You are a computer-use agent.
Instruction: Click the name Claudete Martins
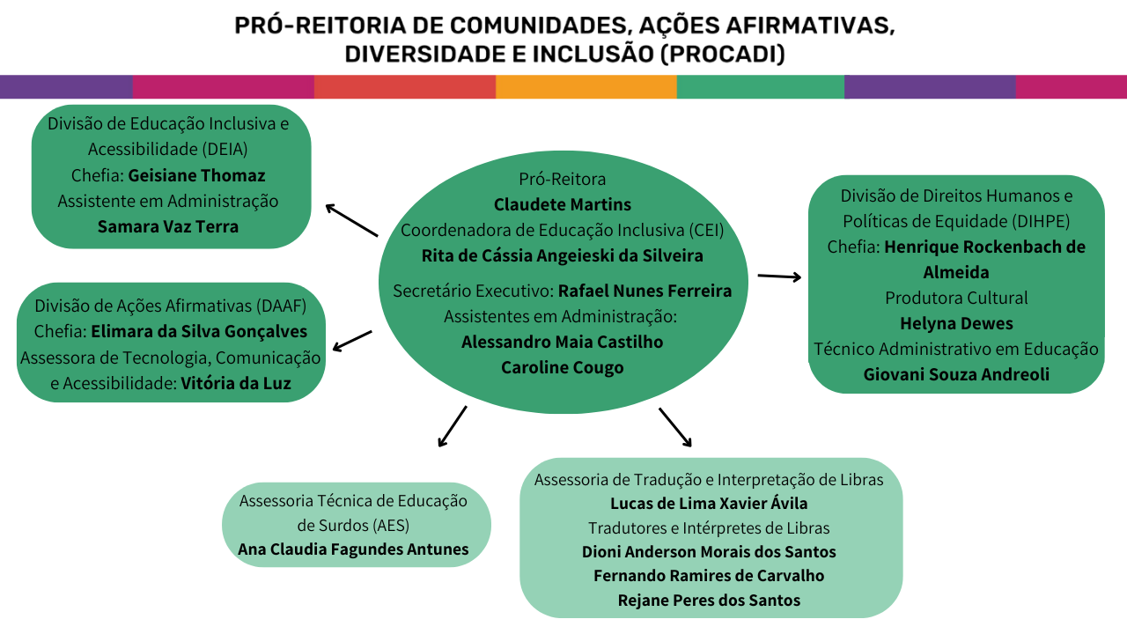point(563,204)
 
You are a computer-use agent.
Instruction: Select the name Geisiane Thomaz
point(196,174)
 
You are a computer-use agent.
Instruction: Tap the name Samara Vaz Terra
point(168,226)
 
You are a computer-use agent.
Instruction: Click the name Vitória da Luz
point(236,383)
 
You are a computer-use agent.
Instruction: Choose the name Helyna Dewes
point(956,323)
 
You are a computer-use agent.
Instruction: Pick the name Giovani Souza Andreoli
point(956,374)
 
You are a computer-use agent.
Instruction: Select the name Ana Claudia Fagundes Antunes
point(353,549)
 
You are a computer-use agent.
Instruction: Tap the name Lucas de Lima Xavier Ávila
point(709,504)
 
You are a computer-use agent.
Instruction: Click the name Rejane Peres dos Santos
point(709,600)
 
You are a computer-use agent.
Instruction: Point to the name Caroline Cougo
point(563,367)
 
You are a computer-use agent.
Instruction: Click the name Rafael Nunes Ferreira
point(645,291)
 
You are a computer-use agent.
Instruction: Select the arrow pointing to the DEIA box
point(351,220)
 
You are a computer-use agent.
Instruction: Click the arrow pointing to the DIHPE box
point(779,276)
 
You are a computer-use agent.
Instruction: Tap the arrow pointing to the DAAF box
point(352,341)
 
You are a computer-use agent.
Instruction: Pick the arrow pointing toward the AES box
point(452,426)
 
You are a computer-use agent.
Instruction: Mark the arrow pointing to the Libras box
point(675,428)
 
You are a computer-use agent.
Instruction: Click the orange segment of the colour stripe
point(586,87)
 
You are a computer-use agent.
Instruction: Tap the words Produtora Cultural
point(956,298)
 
